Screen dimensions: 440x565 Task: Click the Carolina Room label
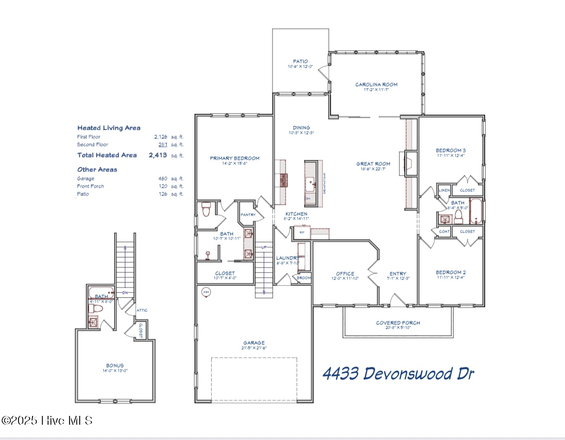(x=376, y=84)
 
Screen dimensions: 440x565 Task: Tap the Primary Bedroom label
(x=234, y=158)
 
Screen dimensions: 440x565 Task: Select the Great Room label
(x=373, y=164)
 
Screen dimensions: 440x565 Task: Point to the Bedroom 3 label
(x=450, y=150)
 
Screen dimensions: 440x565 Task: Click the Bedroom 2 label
(x=450, y=272)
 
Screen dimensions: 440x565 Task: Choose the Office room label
(x=345, y=274)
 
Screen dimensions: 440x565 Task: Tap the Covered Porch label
(x=398, y=323)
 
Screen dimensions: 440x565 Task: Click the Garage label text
(x=253, y=343)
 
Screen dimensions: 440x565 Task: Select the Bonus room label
(x=115, y=365)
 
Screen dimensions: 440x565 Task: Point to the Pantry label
(x=248, y=215)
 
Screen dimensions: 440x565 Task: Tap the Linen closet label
(x=444, y=190)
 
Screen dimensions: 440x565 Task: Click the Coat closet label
(x=443, y=231)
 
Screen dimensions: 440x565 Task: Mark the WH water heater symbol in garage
(x=206, y=292)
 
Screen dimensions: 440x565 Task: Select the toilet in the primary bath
(x=206, y=210)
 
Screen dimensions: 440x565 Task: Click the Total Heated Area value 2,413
(x=157, y=155)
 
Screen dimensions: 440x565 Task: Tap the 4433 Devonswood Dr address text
(x=398, y=373)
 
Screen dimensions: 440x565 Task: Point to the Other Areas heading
(x=97, y=170)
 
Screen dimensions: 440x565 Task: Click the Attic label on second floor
(x=142, y=310)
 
